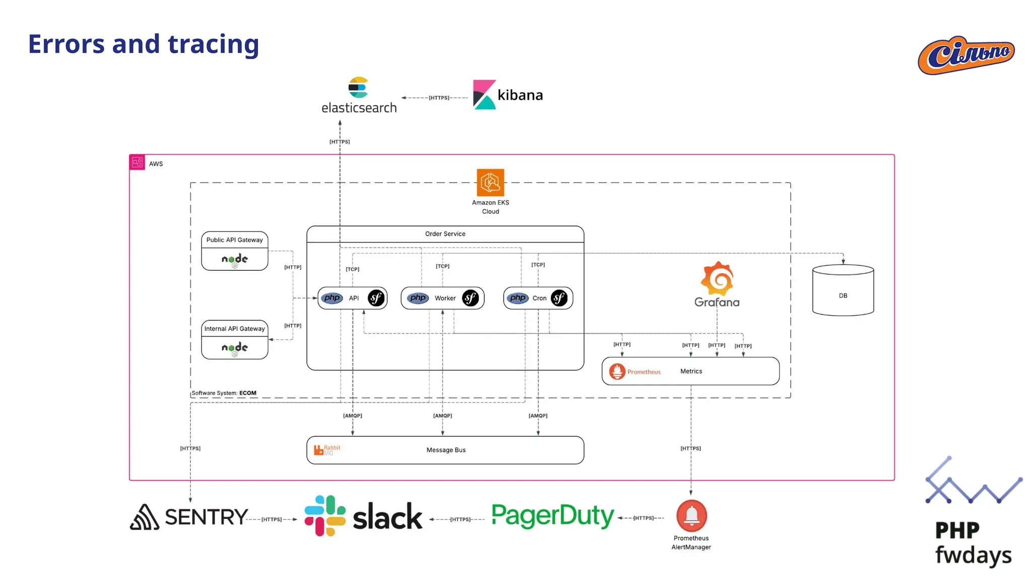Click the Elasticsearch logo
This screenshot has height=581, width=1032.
[x=358, y=95]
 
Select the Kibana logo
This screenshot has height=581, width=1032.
[x=507, y=95]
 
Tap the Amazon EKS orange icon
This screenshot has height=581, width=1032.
[x=490, y=183]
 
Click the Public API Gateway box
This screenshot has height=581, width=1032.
[x=234, y=251]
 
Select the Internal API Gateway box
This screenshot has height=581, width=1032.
[x=234, y=340]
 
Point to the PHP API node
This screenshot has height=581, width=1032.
[x=353, y=298]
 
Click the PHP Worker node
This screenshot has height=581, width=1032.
[x=442, y=298]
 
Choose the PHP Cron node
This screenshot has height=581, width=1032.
[x=538, y=298]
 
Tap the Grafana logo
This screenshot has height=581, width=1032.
[x=717, y=284]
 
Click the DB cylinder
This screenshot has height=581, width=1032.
[x=843, y=291]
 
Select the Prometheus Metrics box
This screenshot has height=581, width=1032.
[x=690, y=371]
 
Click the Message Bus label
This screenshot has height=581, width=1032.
[x=446, y=450]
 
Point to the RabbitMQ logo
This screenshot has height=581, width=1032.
[x=327, y=450]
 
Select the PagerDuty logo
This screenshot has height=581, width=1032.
[x=552, y=516]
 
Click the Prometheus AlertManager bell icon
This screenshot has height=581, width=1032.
[x=691, y=515]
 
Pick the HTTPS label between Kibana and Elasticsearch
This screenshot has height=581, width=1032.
[x=439, y=98]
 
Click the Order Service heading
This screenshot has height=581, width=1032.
[x=445, y=234]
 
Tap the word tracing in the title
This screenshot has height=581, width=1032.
[x=213, y=44]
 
